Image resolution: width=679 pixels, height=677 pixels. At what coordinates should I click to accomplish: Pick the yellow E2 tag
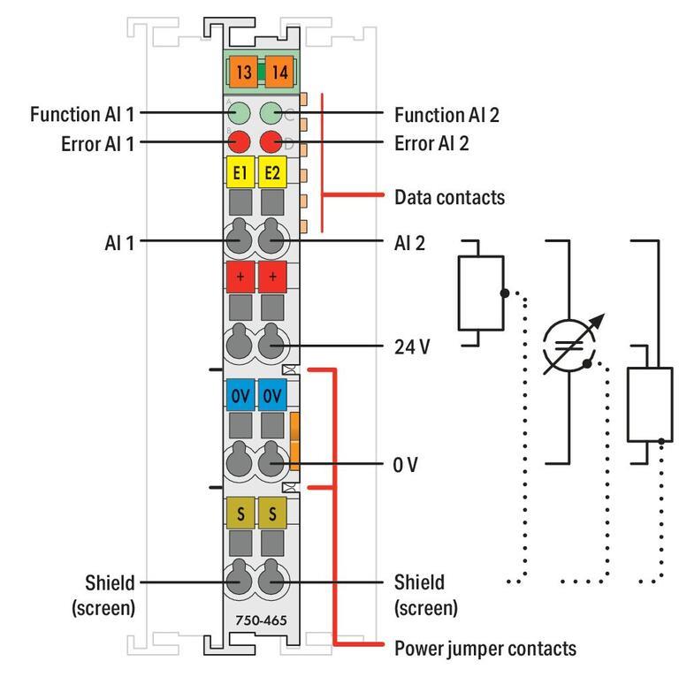[x=272, y=171]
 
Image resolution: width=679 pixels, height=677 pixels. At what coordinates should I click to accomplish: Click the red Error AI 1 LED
[x=240, y=141]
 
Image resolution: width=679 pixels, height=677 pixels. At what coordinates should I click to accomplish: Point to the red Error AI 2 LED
[x=271, y=141]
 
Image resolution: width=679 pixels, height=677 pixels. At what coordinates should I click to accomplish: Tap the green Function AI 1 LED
[x=240, y=113]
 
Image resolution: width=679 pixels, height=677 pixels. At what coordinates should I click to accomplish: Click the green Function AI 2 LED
[x=271, y=113]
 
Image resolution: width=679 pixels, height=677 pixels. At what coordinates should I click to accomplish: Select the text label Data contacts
[x=449, y=196]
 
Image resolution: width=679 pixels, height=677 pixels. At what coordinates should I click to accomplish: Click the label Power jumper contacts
[x=485, y=648]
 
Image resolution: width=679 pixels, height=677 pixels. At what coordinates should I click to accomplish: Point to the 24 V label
[x=412, y=346]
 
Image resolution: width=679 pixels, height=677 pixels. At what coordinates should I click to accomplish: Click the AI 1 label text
[x=118, y=240]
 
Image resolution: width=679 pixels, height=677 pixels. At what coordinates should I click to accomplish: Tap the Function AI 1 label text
[x=82, y=114]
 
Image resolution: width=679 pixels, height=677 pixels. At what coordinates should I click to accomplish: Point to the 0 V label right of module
[x=406, y=463]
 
